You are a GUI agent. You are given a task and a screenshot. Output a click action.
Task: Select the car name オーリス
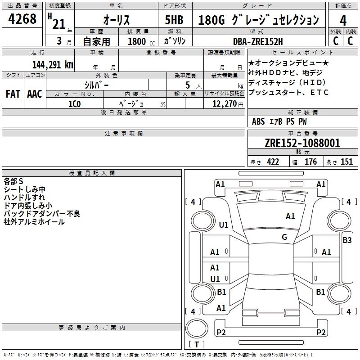tap(117, 20)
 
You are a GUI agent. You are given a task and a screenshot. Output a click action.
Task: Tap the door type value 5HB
tap(174, 20)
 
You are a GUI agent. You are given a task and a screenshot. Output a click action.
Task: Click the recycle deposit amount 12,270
tap(225, 103)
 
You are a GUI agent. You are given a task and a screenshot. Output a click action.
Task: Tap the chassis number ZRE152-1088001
tap(302, 143)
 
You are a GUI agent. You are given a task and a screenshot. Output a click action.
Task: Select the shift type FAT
tap(13, 94)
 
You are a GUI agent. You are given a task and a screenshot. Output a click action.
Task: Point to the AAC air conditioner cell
tap(35, 94)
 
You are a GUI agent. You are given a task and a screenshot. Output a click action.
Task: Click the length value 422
tap(273, 162)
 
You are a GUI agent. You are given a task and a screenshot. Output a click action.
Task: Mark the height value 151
tap(346, 162)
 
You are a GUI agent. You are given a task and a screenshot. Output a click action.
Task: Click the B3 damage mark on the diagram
tap(347, 240)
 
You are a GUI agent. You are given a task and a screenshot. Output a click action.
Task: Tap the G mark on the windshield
tap(284, 237)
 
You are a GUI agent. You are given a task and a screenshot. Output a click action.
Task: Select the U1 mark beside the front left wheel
tap(223, 225)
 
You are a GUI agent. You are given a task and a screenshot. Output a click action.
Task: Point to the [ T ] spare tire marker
tap(197, 344)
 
